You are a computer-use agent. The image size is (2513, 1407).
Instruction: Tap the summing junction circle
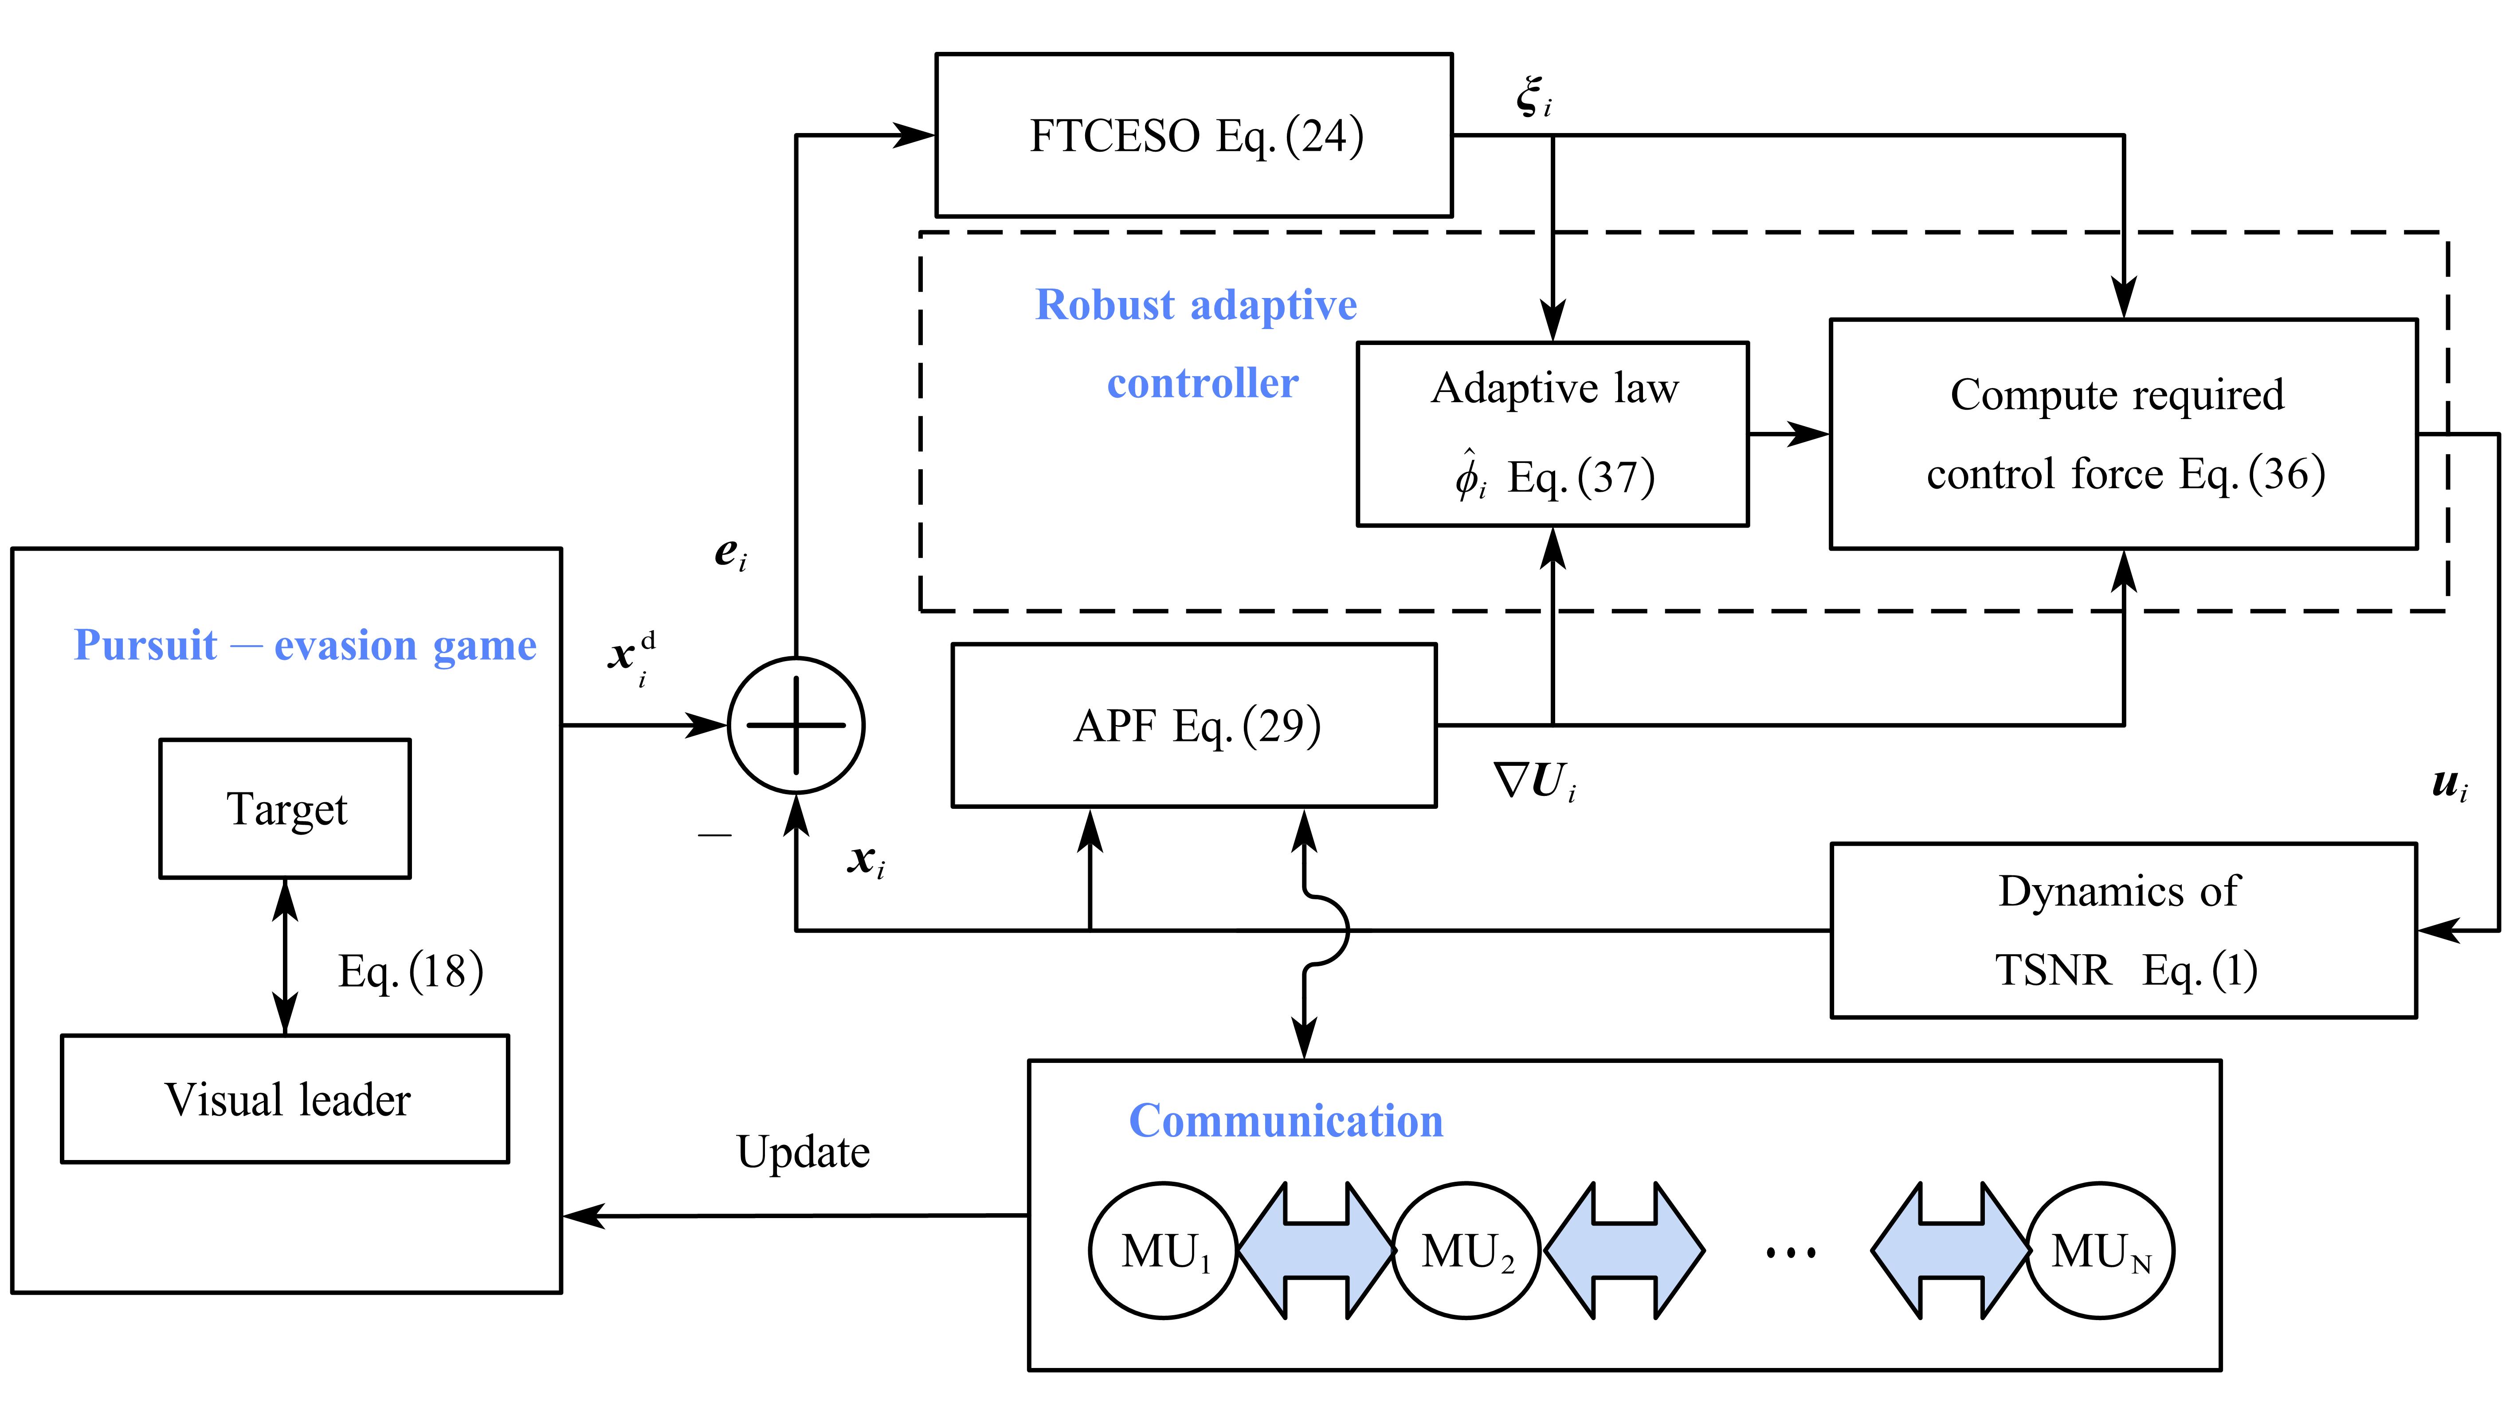coord(796,725)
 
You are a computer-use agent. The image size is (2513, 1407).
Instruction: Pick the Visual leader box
coord(285,1099)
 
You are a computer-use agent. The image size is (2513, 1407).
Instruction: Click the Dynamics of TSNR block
coord(2123,930)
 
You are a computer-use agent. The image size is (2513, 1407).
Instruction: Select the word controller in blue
coord(1202,383)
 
